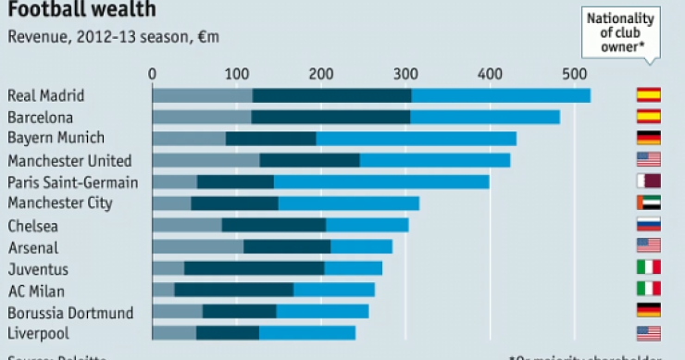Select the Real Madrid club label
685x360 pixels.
[x=46, y=94]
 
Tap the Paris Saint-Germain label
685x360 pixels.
[x=72, y=181]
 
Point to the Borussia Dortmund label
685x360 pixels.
[x=70, y=312]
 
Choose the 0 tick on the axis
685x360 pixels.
[x=153, y=73]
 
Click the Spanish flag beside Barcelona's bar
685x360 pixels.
[x=647, y=117]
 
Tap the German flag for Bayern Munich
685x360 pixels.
[x=647, y=138]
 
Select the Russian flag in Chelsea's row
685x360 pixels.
[x=647, y=224]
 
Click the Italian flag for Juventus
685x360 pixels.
[x=647, y=267]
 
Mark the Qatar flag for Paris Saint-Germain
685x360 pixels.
[x=647, y=181]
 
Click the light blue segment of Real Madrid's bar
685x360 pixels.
[x=500, y=94]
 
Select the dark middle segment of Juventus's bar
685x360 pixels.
[x=254, y=268]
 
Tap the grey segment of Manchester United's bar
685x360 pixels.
[x=205, y=160]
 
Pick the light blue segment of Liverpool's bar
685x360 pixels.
[x=306, y=333]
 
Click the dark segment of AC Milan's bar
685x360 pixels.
[x=233, y=290]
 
